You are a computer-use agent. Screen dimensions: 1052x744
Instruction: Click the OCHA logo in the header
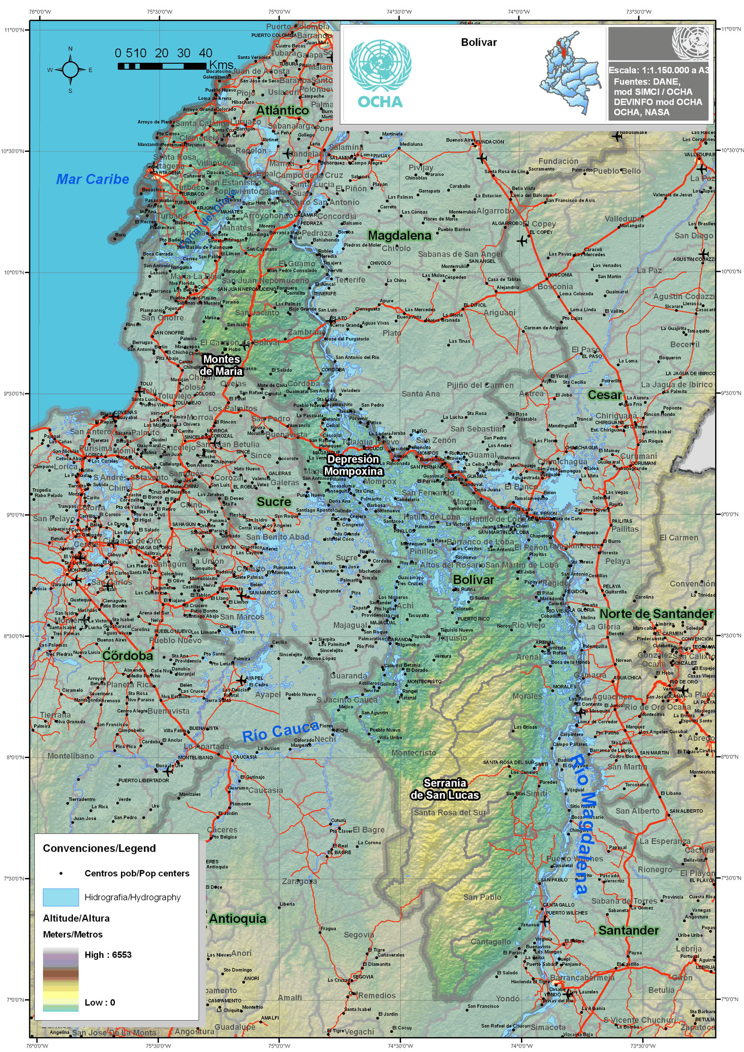(x=380, y=73)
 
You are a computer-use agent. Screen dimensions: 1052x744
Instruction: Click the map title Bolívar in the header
(x=479, y=42)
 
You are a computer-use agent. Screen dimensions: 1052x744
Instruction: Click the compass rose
(x=70, y=70)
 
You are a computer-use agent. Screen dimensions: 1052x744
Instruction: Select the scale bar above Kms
(x=162, y=66)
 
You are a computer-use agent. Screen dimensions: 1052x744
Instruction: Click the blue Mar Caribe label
(x=92, y=179)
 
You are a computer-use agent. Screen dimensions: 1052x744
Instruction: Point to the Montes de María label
(x=221, y=365)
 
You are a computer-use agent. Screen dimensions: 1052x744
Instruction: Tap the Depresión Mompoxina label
(x=353, y=465)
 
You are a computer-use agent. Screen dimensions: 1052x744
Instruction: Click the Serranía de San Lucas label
(x=445, y=789)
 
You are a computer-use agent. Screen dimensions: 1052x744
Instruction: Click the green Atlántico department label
(x=282, y=110)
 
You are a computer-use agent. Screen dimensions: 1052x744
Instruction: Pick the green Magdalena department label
(x=400, y=235)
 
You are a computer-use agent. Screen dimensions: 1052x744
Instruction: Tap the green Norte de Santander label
(x=656, y=613)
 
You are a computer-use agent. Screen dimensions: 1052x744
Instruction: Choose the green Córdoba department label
(x=127, y=656)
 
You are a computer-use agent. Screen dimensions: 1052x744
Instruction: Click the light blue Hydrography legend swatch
(x=61, y=897)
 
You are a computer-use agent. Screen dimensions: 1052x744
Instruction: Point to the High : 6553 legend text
(x=108, y=954)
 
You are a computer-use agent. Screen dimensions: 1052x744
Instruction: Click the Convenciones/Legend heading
(x=99, y=848)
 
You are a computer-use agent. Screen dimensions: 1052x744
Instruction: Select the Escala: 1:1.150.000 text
(x=658, y=70)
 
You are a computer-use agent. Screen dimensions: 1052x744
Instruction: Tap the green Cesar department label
(x=605, y=395)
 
